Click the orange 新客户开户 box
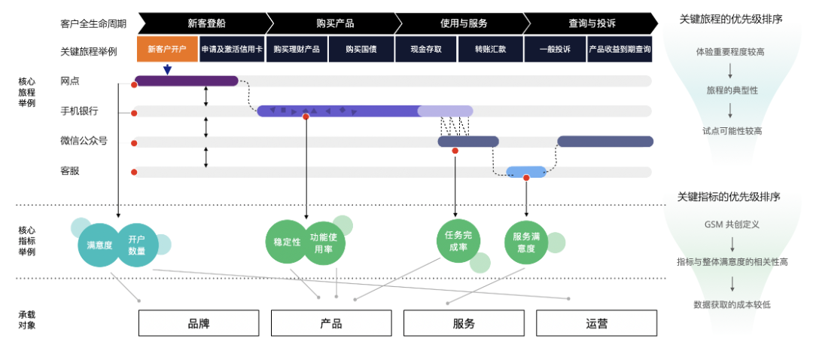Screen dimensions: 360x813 pyautogui.click(x=167, y=49)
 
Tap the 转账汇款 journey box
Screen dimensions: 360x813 pyautogui.click(x=490, y=49)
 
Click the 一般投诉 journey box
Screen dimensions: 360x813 pyautogui.click(x=555, y=49)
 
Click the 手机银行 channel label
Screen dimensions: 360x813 pyautogui.click(x=79, y=111)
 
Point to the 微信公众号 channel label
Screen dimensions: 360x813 pyautogui.click(x=84, y=141)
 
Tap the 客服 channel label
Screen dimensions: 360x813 pyautogui.click(x=70, y=171)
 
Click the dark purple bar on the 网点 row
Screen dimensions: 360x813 pyautogui.click(x=187, y=81)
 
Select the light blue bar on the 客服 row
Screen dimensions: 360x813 pyautogui.click(x=526, y=171)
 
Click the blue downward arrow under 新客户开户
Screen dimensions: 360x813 pyautogui.click(x=167, y=69)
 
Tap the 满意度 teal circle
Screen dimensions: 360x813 pyautogui.click(x=99, y=245)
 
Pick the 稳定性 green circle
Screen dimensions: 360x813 pyautogui.click(x=287, y=243)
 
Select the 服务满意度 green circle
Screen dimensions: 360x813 pyautogui.click(x=525, y=243)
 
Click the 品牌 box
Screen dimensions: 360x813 pyautogui.click(x=199, y=323)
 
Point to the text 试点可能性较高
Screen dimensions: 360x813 pyautogui.click(x=732, y=130)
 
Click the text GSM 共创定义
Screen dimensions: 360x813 pyautogui.click(x=732, y=224)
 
